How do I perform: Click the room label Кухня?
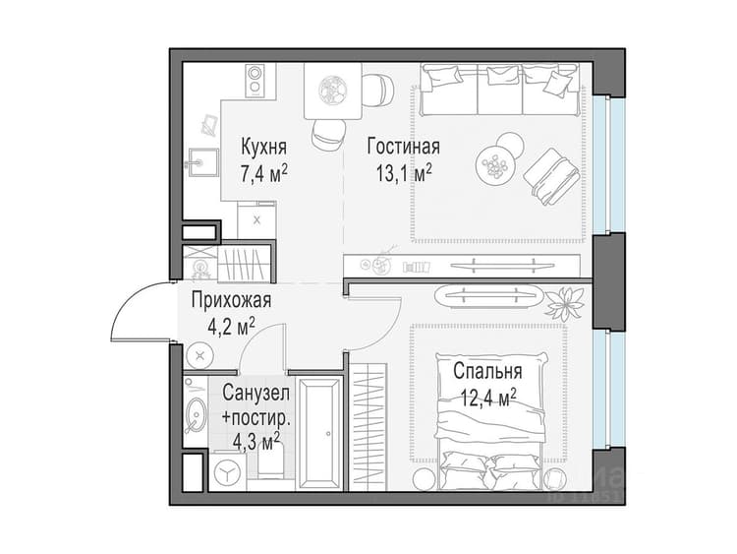click(x=263, y=147)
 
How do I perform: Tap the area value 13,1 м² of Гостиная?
click(x=404, y=174)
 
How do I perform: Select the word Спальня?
click(x=487, y=371)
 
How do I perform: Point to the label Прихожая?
click(x=231, y=300)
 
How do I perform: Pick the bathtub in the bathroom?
click(x=320, y=434)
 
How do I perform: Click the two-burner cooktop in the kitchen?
click(x=255, y=81)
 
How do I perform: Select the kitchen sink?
click(x=202, y=162)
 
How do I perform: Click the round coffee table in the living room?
click(x=493, y=164)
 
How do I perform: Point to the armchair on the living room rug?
click(x=552, y=176)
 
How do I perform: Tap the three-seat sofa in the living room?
click(x=499, y=90)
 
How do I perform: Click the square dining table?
click(x=333, y=91)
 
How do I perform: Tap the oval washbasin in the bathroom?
click(x=195, y=414)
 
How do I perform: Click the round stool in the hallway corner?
click(x=199, y=356)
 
